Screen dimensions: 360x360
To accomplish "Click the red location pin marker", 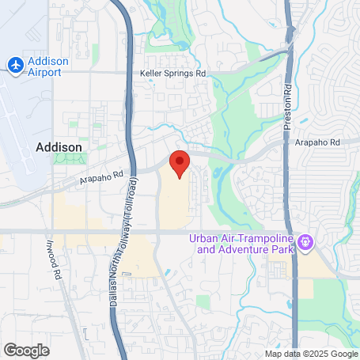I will click(x=180, y=162).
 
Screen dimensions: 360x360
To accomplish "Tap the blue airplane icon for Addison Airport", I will click(x=13, y=65).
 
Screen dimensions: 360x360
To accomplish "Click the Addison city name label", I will click(x=59, y=146).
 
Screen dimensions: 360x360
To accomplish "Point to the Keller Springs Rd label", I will click(x=172, y=73).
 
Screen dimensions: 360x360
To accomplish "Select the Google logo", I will click(x=26, y=349).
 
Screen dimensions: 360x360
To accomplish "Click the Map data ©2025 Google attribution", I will click(x=310, y=354).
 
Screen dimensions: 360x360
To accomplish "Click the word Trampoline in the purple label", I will click(x=263, y=238).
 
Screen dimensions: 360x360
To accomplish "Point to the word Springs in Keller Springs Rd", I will click(x=178, y=73).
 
